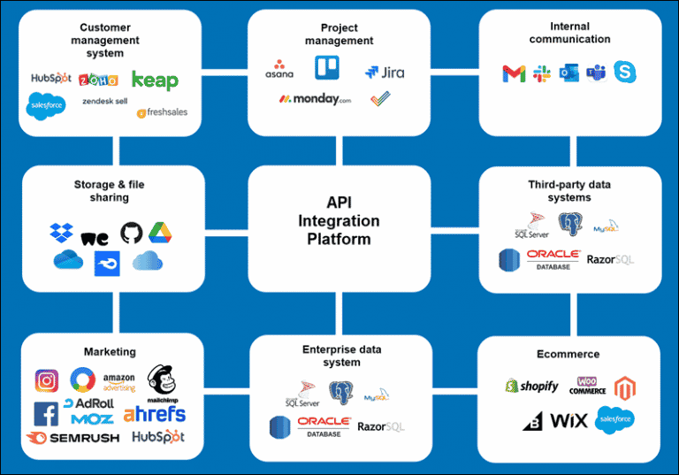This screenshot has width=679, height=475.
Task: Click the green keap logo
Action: (155, 80)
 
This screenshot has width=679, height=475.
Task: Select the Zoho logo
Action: (98, 80)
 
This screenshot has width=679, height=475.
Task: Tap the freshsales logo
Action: (162, 112)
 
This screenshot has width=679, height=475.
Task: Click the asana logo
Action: (279, 68)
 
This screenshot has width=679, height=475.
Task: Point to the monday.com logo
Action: (315, 100)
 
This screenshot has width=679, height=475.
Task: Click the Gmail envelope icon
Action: (514, 73)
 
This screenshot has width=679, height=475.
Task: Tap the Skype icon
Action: (625, 73)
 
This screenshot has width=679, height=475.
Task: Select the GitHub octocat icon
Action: (130, 233)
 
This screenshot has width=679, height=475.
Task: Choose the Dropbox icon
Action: (61, 234)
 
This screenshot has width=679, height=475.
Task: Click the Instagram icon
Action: (47, 381)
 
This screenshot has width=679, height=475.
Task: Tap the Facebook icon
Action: (46, 413)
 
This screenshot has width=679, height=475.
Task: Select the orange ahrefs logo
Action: (155, 414)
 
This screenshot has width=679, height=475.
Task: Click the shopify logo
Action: (531, 387)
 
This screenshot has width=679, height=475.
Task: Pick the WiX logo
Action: (568, 419)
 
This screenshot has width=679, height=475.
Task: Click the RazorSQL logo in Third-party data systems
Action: (610, 260)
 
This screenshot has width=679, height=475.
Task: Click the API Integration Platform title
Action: (339, 220)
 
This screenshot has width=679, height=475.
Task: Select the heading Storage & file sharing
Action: (109, 191)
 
